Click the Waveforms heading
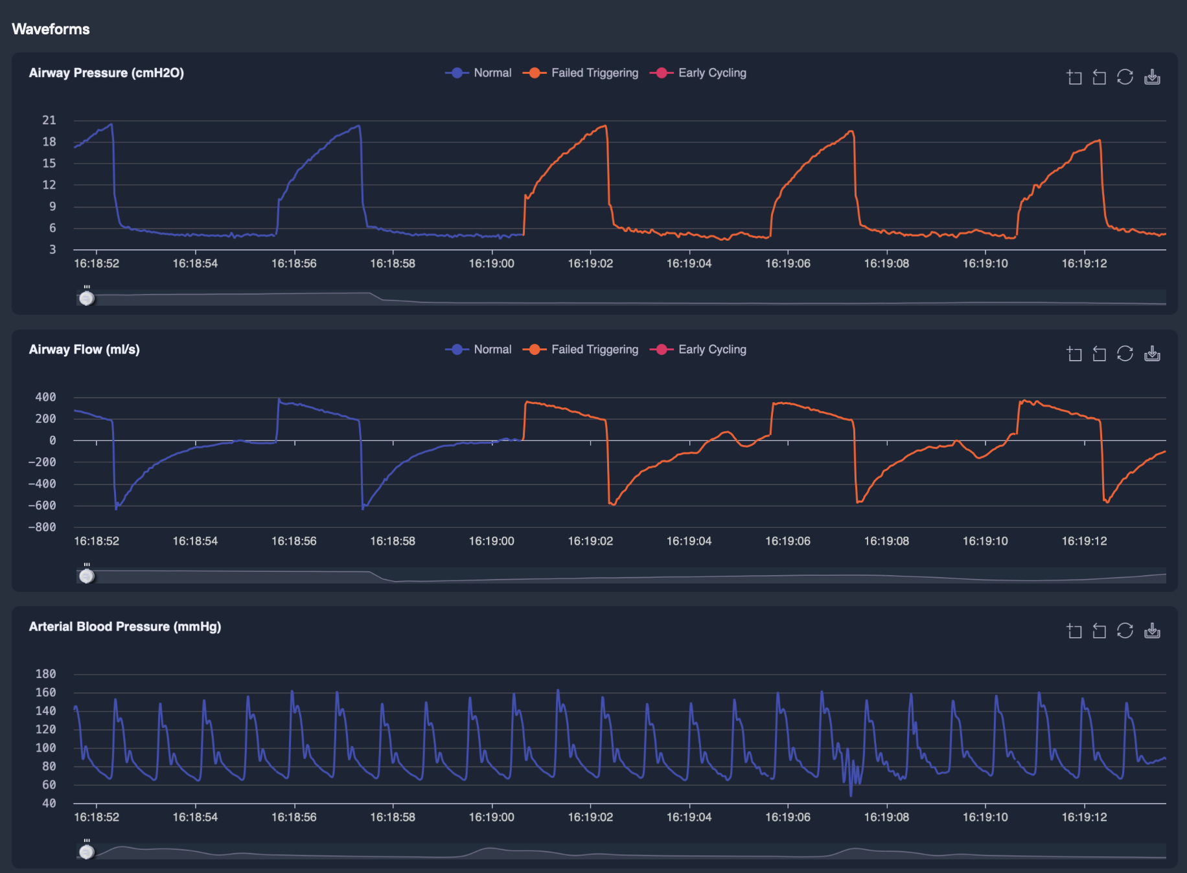51,29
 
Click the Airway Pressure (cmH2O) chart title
106,73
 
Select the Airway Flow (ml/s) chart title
84,350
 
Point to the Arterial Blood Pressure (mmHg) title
125,627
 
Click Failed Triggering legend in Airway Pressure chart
594,73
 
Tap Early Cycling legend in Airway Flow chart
711,350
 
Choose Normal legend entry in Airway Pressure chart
492,73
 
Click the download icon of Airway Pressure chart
1152,77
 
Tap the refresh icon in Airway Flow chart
1125,354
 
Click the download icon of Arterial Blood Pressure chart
1152,631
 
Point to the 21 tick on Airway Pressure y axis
49,120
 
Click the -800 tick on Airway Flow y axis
42,527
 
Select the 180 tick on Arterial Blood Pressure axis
45,674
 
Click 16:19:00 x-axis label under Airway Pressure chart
492,264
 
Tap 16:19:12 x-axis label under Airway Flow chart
1084,541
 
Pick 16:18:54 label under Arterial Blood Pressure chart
195,817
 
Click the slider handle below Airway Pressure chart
87,298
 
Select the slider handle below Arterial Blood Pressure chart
87,852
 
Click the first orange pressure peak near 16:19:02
605,126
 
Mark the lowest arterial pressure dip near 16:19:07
851,795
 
